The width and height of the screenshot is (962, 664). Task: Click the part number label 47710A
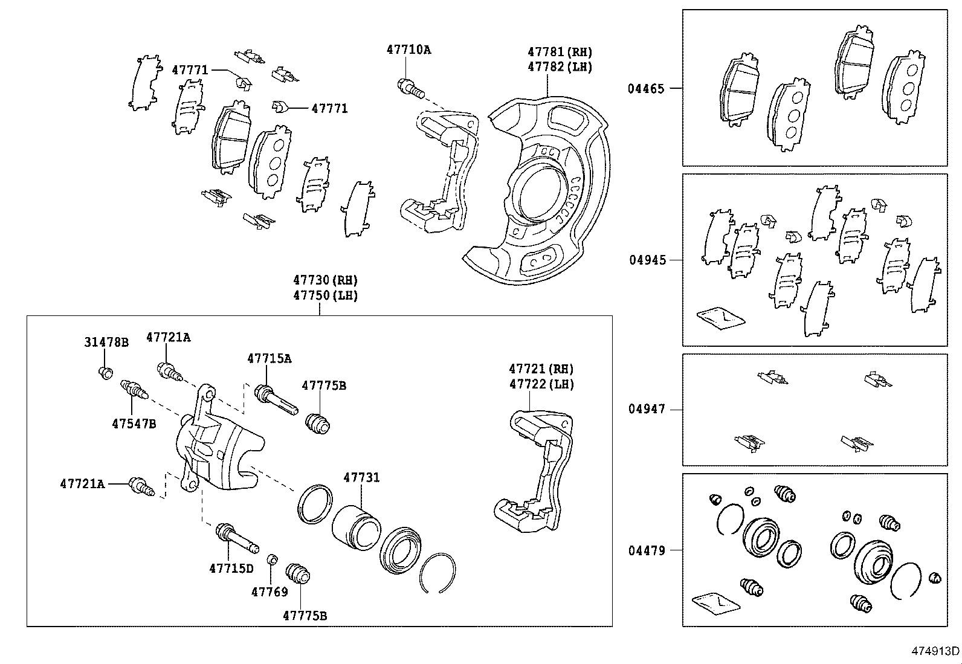coord(408,50)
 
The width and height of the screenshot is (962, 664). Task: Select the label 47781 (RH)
coord(560,52)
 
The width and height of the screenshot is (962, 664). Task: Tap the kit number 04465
coord(645,89)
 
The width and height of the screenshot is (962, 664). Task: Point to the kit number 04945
coord(647,260)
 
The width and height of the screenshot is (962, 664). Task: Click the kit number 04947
coord(646,409)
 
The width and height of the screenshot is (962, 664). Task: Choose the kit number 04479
coord(646,550)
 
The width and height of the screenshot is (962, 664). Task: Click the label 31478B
coord(106,343)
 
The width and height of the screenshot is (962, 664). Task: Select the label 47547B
coord(134,424)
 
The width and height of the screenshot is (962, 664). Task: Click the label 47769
coord(270,591)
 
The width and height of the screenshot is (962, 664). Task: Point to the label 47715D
coord(231,568)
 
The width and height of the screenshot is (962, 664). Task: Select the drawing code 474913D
coord(935,651)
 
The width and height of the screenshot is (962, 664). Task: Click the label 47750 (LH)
coord(325,295)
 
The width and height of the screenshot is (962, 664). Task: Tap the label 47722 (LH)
coord(541,384)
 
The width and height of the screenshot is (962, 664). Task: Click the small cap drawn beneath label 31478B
coord(105,372)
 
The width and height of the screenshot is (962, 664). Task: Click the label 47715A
coord(269,358)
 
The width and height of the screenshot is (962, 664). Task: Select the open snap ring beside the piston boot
coord(439,572)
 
